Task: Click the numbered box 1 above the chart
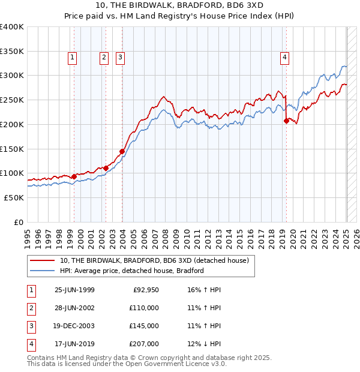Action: (x=73, y=58)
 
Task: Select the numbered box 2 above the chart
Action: (x=104, y=58)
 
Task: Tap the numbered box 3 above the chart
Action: (x=120, y=58)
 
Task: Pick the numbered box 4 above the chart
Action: (x=284, y=58)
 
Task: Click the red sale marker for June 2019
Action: (x=286, y=121)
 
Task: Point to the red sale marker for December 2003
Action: (x=122, y=151)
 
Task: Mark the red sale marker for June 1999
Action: (x=74, y=176)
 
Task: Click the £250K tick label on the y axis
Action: (x=12, y=100)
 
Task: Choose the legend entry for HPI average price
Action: (x=132, y=271)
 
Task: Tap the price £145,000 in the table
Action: (x=145, y=326)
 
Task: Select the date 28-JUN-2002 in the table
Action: (x=74, y=308)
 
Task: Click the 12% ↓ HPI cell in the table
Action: (x=205, y=344)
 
